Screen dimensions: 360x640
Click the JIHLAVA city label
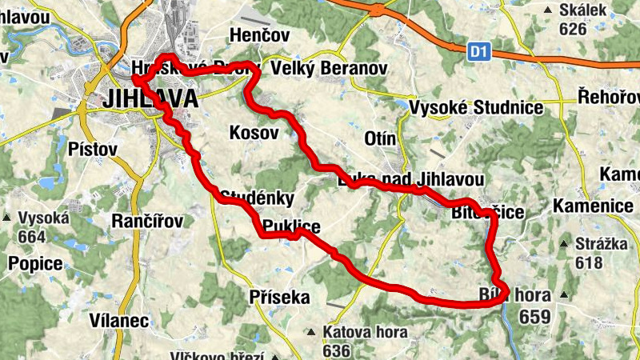[150, 99]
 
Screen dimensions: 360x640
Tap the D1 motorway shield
[478, 52]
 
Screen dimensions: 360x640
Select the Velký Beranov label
[329, 69]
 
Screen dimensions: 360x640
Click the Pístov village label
[93, 150]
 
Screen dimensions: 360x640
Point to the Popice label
[34, 263]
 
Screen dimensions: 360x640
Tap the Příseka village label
[279, 298]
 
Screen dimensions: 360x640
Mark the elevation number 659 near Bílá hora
[534, 316]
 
